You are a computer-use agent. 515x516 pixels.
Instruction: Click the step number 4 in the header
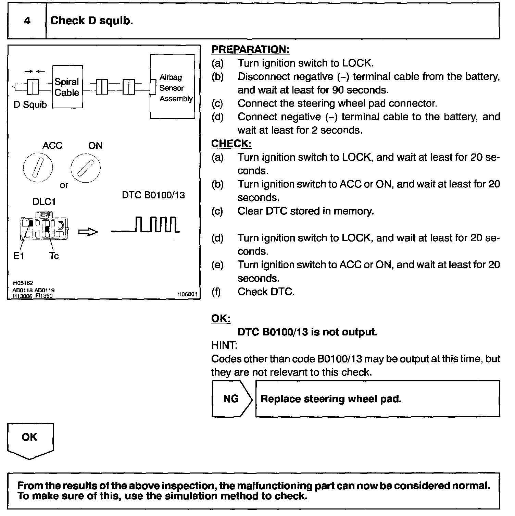pyautogui.click(x=27, y=21)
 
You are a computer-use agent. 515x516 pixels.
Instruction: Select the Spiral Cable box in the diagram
pyautogui.click(x=67, y=87)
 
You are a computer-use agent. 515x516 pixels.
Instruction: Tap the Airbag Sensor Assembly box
pyautogui.click(x=172, y=87)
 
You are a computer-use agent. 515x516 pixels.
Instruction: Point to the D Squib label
pyautogui.click(x=30, y=105)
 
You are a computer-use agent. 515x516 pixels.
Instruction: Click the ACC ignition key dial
pyautogui.click(x=38, y=168)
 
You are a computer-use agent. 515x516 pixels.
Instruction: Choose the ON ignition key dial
pyautogui.click(x=86, y=168)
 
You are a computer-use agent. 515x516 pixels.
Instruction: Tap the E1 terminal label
pyautogui.click(x=18, y=256)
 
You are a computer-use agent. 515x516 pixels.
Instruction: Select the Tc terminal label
pyautogui.click(x=54, y=256)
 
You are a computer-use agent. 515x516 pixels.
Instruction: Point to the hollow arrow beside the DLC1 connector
pyautogui.click(x=88, y=232)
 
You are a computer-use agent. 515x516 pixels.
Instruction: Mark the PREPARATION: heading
pyautogui.click(x=250, y=49)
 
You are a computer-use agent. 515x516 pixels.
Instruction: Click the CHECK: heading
pyautogui.click(x=231, y=144)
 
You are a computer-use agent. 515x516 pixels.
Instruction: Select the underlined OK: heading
pyautogui.click(x=221, y=318)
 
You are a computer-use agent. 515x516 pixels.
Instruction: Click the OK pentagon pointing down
pyautogui.click(x=30, y=440)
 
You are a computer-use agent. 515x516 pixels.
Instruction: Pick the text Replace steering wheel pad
pyautogui.click(x=331, y=399)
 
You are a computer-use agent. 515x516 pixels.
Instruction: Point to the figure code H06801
pyautogui.click(x=187, y=294)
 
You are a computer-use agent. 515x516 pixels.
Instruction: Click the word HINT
pyautogui.click(x=224, y=345)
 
